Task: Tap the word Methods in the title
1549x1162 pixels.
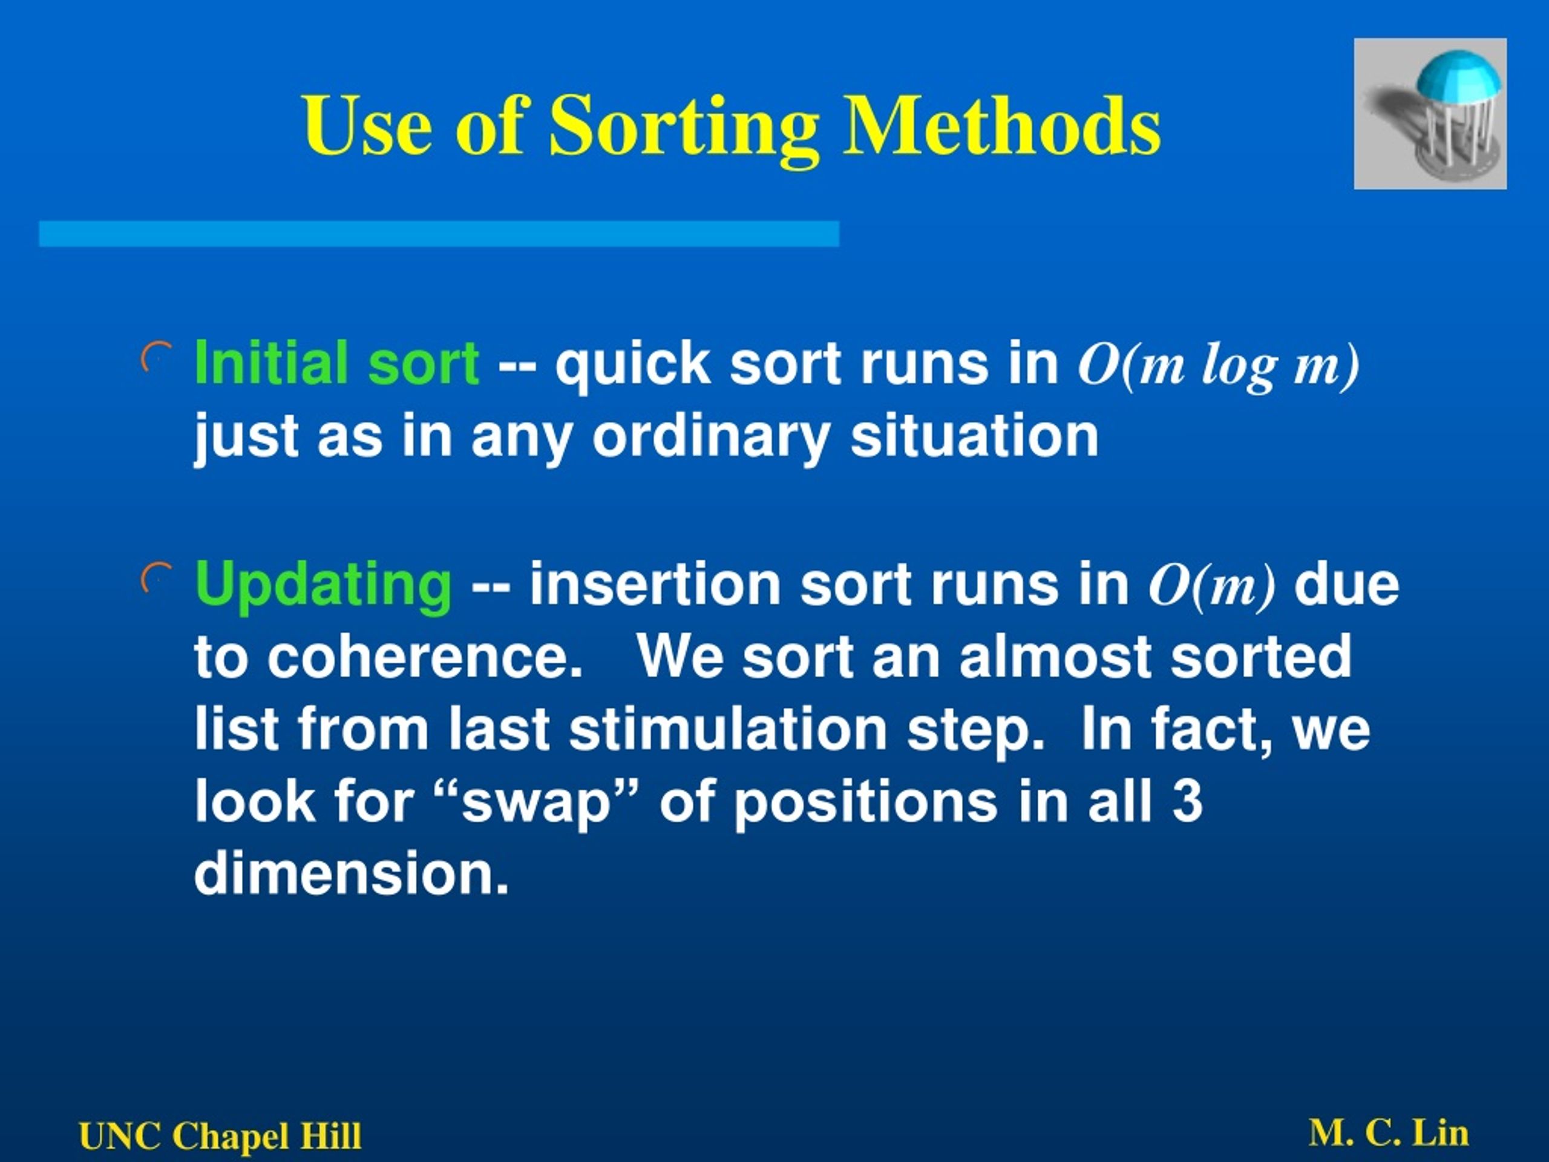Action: (x=1001, y=125)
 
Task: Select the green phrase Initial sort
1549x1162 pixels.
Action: (x=337, y=363)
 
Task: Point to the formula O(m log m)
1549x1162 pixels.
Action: (x=1219, y=366)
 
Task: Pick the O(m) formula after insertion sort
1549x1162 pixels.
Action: (x=1212, y=586)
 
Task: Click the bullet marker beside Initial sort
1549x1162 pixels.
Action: (x=156, y=357)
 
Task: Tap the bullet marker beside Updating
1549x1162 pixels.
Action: (x=156, y=578)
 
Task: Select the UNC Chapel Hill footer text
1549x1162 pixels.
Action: (x=221, y=1135)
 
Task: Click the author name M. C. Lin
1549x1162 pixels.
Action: (x=1389, y=1132)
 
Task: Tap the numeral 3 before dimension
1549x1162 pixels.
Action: (x=1188, y=801)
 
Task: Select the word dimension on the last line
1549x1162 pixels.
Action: (x=351, y=873)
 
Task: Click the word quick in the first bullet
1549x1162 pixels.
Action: (x=633, y=363)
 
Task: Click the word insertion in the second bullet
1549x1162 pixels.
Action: (x=655, y=585)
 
